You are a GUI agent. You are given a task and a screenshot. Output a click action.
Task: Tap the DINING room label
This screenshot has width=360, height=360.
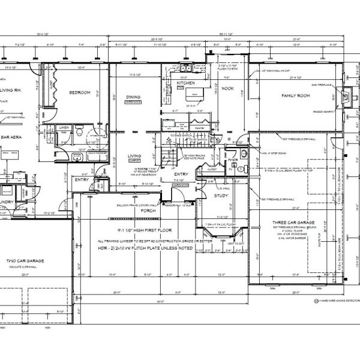(133, 98)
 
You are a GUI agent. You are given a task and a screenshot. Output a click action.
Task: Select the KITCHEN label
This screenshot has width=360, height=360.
(186, 83)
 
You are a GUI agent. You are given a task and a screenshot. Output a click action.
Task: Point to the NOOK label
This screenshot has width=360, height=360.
(227, 88)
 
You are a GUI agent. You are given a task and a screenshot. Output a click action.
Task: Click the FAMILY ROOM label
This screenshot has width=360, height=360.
(295, 96)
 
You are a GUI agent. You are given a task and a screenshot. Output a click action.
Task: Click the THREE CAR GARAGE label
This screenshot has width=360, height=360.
(294, 222)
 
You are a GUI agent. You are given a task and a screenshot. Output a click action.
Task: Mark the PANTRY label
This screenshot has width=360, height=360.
(199, 128)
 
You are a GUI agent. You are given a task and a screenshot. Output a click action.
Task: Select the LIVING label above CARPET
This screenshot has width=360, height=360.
(134, 157)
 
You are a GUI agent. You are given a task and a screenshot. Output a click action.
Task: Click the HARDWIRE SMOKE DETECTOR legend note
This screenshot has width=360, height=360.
(337, 298)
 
